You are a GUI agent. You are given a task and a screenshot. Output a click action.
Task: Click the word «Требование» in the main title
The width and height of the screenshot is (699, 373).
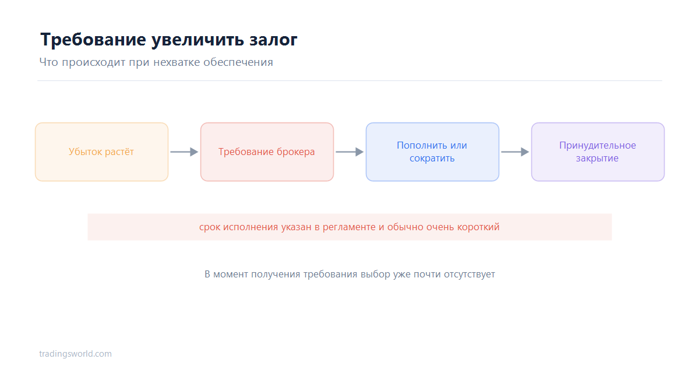pos(93,40)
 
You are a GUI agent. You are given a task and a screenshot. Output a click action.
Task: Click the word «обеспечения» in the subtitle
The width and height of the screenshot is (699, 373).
pos(238,62)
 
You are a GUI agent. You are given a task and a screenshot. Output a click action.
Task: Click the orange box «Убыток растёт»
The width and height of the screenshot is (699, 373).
pos(102,152)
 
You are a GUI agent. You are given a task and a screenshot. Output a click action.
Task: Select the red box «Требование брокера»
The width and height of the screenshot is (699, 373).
pos(267,152)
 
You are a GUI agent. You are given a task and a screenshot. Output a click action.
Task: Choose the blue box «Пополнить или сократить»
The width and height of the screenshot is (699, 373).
pos(432,152)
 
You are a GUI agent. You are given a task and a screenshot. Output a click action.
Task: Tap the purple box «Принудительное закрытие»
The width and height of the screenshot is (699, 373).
pos(598,152)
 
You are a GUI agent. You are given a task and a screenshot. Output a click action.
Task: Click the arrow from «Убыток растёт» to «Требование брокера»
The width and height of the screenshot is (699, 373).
pos(184,152)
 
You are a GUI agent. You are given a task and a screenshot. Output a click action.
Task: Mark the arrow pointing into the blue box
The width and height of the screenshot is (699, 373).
pos(349,152)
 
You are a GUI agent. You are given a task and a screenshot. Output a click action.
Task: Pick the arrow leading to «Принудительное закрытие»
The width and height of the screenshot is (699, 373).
pos(515,152)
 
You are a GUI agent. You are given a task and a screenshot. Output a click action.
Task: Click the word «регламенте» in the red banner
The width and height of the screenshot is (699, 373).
pos(349,227)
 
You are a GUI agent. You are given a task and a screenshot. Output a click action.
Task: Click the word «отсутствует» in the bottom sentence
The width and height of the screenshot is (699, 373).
pos(469,275)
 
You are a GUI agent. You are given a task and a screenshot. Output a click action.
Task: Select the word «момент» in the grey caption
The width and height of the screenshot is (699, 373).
pos(230,275)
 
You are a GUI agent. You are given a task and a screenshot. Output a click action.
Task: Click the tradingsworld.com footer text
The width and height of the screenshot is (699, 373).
pos(75,354)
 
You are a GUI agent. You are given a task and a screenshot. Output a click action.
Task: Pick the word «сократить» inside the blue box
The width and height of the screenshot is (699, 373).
pos(432,159)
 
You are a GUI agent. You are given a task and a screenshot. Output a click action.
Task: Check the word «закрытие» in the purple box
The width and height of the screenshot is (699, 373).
pos(597,159)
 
